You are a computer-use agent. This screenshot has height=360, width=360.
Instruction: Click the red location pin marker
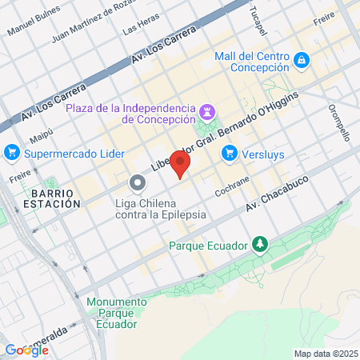point(181,164)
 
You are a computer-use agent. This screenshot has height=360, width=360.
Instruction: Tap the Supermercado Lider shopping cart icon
point(11,151)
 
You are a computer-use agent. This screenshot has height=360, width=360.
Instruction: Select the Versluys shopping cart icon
point(230,151)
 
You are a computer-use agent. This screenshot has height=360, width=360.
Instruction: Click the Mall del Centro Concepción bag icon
point(302,59)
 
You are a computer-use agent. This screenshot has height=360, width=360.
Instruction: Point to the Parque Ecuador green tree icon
point(259,243)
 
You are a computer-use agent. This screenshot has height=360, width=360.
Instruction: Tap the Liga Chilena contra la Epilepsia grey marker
point(138,183)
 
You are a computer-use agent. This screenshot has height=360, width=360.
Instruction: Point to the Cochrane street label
point(232,187)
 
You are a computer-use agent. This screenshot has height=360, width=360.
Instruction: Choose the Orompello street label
point(339,124)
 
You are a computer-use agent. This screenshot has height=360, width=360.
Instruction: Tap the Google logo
point(26,350)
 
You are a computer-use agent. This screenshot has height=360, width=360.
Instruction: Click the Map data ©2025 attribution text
point(325,354)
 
